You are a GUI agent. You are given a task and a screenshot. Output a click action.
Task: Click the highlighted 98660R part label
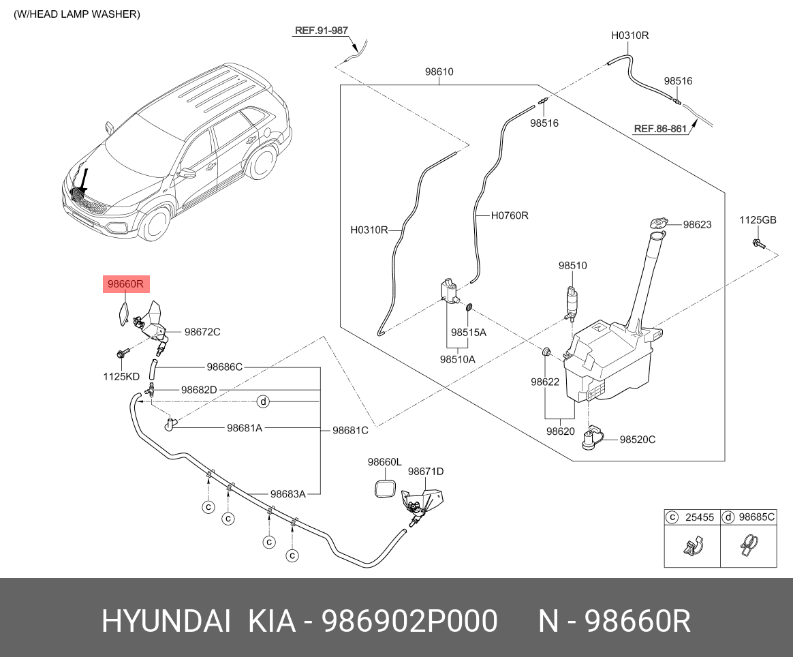pyautogui.click(x=126, y=284)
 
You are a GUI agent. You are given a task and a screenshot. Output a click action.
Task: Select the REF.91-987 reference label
pyautogui.click(x=322, y=31)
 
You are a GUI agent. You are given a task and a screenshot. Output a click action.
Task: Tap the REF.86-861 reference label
pyautogui.click(x=660, y=129)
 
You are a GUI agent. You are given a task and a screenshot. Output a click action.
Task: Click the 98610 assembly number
pyautogui.click(x=439, y=72)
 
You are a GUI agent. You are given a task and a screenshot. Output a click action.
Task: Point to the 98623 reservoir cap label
pyautogui.click(x=697, y=224)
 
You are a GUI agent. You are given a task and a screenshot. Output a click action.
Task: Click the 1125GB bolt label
pyautogui.click(x=758, y=220)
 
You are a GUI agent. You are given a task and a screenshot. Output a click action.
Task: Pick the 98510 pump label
pyautogui.click(x=572, y=266)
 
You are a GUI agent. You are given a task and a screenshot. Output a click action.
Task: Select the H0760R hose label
pyautogui.click(x=510, y=215)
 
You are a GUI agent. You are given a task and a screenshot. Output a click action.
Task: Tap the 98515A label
pyautogui.click(x=468, y=333)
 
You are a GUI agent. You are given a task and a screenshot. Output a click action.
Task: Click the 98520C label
pyautogui.click(x=637, y=440)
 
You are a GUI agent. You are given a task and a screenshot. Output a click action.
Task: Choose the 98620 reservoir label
pyautogui.click(x=560, y=431)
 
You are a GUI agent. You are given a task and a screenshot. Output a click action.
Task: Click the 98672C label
pyautogui.click(x=202, y=332)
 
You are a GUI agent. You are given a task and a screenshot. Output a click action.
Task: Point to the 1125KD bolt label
pyautogui.click(x=121, y=376)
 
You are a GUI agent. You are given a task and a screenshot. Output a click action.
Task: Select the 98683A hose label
pyautogui.click(x=288, y=494)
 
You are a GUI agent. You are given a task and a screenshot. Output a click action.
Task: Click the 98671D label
pyautogui.click(x=426, y=471)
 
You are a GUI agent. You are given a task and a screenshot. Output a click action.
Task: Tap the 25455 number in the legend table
pyautogui.click(x=699, y=517)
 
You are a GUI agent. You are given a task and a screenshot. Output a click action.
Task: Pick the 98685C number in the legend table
pyautogui.click(x=757, y=517)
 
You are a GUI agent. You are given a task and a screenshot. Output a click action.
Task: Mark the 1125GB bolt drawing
pyautogui.click(x=758, y=243)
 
